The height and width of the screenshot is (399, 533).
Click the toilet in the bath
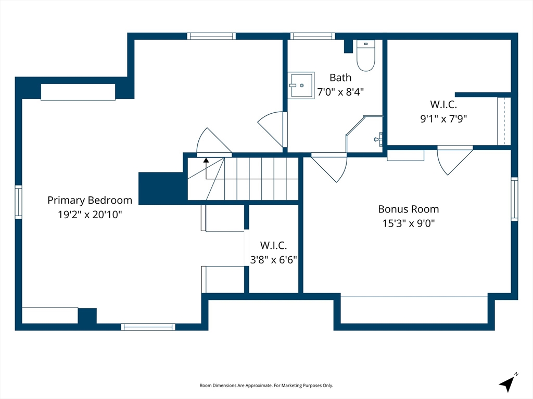pos(366,55)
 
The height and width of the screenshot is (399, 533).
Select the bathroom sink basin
pos(301,85)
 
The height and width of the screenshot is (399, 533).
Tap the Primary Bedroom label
pos(90,200)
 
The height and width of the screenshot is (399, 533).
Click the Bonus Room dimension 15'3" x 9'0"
pos(409,223)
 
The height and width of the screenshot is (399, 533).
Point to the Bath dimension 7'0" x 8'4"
pos(340,91)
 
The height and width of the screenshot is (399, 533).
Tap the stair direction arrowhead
pos(206,160)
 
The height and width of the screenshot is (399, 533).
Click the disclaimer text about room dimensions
pos(266,385)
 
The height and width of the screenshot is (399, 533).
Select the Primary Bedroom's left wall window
pos(18,202)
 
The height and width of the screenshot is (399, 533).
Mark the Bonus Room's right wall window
pos(515,199)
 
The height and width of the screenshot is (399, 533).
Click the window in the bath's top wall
pos(312,36)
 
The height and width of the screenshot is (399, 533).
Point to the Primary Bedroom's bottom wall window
pos(148,327)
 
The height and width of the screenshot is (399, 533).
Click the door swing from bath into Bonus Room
pos(329,168)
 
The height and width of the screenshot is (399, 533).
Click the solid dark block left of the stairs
pos(161,188)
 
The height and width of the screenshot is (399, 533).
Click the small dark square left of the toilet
pos(348,46)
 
